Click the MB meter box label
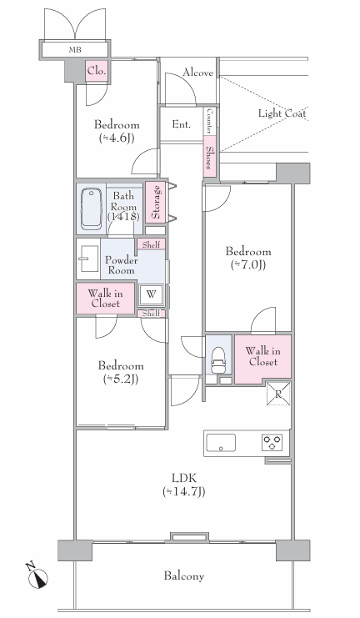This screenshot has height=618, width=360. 75,50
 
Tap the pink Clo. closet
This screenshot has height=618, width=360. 97,72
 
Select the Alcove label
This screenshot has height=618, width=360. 197,73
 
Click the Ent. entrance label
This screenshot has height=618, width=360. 181,124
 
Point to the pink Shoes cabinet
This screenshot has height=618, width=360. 210,157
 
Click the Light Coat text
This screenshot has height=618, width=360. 282,113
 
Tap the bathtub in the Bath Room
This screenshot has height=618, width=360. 92,209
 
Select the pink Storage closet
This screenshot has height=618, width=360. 155,202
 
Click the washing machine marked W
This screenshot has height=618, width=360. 151,294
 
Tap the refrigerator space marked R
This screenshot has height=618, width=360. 278,394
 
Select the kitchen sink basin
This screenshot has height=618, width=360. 221,443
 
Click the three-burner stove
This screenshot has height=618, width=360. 272,442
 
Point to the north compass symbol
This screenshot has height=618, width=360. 37,575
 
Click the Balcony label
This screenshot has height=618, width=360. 184,576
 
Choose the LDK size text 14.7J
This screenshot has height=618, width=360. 184,492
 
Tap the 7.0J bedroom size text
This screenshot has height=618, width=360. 248,265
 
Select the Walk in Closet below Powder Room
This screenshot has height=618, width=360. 106,299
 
